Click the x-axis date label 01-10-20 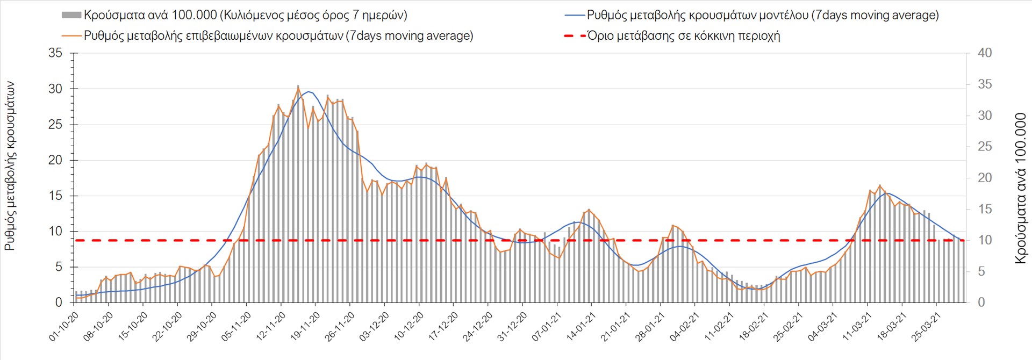point(64,327)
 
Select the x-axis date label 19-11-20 point(305,327)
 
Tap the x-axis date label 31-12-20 point(512,327)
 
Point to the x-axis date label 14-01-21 point(581,327)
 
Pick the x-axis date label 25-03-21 point(926,327)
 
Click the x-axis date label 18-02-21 point(754,327)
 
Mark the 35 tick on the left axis point(55,53)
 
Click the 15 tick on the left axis point(55,196)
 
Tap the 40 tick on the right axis point(984,53)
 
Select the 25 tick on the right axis point(984,147)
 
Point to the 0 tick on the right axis point(981,303)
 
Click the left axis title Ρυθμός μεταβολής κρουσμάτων point(10,166)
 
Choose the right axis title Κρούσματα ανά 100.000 point(1020,188)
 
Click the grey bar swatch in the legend point(71,16)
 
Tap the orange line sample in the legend point(71,36)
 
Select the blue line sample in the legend point(574,16)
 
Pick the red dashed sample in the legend point(574,36)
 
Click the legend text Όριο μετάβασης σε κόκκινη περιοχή point(683,36)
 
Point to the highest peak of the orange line point(298,87)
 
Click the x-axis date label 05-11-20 point(236,327)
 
